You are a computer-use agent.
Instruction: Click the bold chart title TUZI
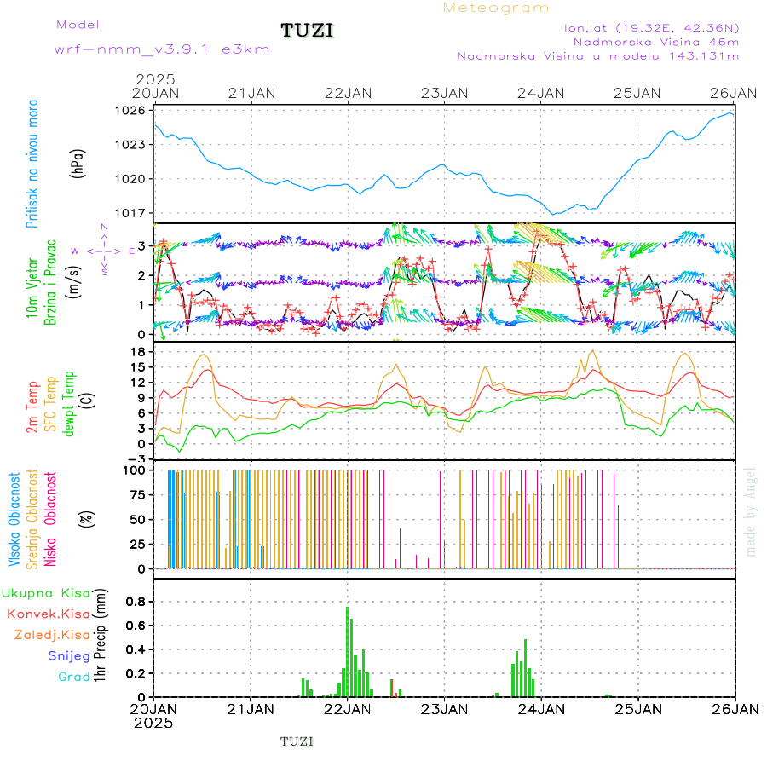(307, 31)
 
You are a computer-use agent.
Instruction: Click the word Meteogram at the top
(496, 8)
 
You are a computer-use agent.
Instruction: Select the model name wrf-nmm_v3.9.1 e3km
(162, 49)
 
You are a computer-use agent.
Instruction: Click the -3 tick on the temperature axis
(136, 458)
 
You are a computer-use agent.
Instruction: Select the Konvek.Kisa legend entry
(48, 614)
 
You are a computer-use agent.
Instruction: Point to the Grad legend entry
(73, 677)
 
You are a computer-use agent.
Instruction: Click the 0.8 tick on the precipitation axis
(136, 601)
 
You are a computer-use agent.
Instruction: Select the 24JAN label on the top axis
(540, 92)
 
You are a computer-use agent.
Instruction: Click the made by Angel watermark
(751, 511)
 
